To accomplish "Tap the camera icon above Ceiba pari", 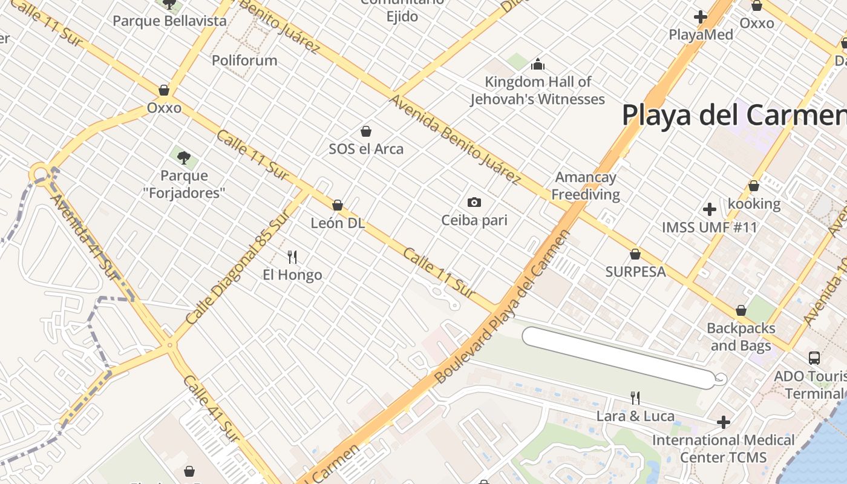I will (x=474, y=202).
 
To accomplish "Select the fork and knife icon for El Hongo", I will (x=292, y=257).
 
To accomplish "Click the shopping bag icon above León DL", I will (x=338, y=205).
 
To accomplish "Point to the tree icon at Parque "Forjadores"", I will (x=183, y=158).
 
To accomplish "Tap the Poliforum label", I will (x=244, y=60).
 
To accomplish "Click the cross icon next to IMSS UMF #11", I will (x=710, y=209).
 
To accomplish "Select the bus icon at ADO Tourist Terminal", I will (x=814, y=358).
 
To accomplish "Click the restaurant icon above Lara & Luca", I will (x=635, y=397).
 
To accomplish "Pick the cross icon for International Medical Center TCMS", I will (x=724, y=422).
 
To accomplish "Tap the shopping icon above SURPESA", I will (x=635, y=254).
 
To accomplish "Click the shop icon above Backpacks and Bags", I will (x=741, y=310).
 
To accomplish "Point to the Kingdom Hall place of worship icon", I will (x=538, y=64).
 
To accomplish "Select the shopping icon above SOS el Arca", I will (x=365, y=131).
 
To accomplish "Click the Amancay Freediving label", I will (x=586, y=186).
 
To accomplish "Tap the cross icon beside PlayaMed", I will (x=701, y=17).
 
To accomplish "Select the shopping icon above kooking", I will (x=754, y=186).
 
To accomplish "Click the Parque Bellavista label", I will (x=169, y=21).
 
